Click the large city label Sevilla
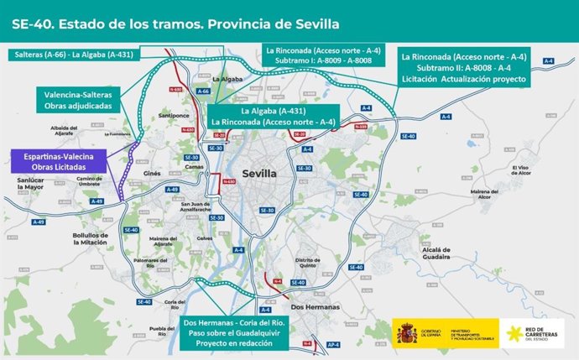point(258,174)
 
